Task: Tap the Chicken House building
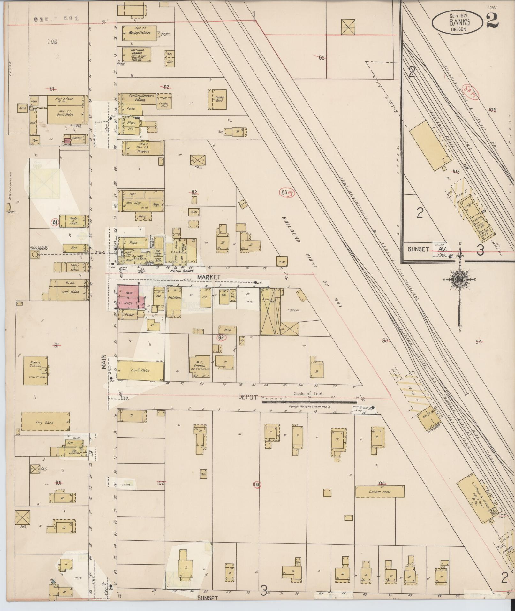click(379, 492)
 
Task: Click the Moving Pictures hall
click(140, 33)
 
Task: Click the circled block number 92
click(220, 338)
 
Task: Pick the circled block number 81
click(55, 222)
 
